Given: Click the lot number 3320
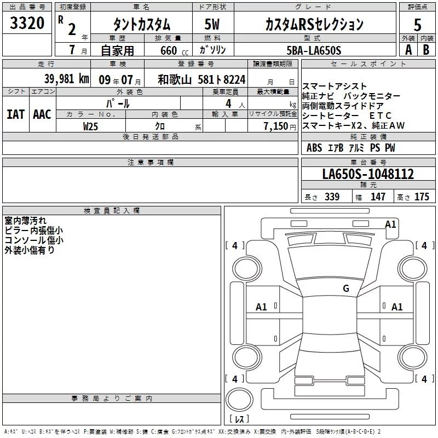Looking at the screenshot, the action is coord(27,23).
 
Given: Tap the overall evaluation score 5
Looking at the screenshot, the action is coord(417,25).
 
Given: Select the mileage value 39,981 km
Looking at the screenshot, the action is coord(67,79).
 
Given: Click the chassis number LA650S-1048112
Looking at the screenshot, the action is coord(368,174).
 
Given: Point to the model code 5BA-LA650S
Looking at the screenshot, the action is coord(314,50).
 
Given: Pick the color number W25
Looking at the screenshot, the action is coord(90,126).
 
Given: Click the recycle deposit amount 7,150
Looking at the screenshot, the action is coord(276,126).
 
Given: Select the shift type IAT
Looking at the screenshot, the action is coord(15,114).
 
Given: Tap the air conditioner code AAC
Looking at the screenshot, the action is coord(42,114).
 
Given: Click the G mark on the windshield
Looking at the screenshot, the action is coord(346,288).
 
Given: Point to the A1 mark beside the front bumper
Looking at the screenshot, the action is coord(390,224).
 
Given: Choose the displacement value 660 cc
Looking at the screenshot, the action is coord(174,51).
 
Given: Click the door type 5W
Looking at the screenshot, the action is coord(212,24).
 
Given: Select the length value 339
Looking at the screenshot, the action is coord(332,197).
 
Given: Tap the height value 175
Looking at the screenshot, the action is coord(422,197).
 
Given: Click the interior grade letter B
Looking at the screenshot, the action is coord(426,50).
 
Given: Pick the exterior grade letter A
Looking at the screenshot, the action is coord(408,50).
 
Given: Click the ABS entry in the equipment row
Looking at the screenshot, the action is coord(314,148).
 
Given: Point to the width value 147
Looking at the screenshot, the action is coord(378,197).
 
